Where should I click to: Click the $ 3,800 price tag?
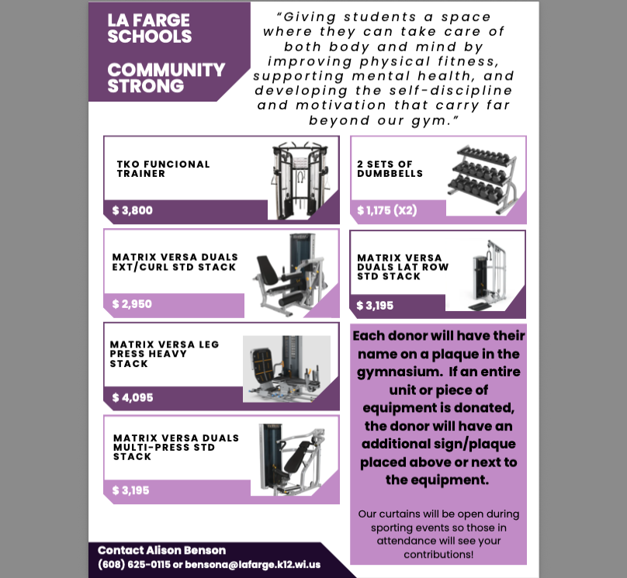click(133, 211)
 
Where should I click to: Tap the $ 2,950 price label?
click(132, 304)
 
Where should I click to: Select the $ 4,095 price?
click(133, 398)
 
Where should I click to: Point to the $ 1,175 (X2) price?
click(387, 211)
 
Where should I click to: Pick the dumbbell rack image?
click(481, 178)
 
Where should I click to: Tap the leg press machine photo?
click(286, 369)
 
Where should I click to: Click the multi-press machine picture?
click(286, 460)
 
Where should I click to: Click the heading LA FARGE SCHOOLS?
click(150, 29)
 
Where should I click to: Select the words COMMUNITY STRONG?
click(166, 78)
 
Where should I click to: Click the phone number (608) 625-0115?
click(134, 564)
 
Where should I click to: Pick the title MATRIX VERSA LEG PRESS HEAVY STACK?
click(165, 354)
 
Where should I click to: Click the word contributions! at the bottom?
click(438, 555)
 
